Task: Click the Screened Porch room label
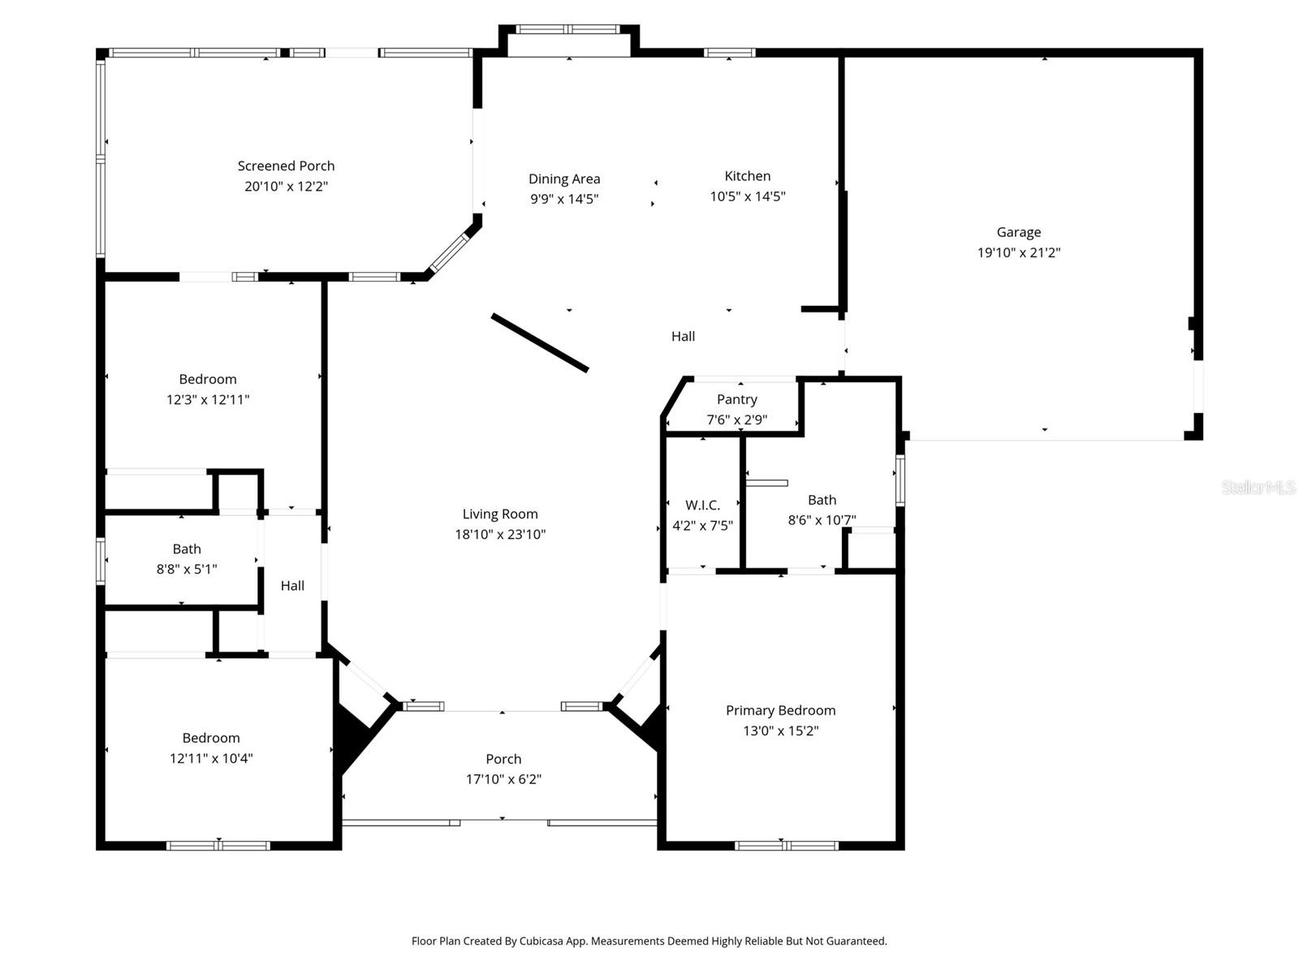point(286,166)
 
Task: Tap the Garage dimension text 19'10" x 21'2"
point(1018,252)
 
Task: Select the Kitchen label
point(747,176)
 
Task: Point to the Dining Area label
point(564,179)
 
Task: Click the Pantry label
point(736,399)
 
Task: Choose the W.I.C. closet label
point(702,505)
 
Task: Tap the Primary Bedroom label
point(780,710)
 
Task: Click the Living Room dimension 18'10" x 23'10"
point(500,534)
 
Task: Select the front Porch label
point(503,759)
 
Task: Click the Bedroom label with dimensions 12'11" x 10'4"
point(210,738)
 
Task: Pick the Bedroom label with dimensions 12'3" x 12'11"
point(208,379)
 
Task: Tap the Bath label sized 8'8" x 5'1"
point(187,549)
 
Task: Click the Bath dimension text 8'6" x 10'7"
point(822,520)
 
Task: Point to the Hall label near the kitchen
point(683,336)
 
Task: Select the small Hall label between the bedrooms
point(292,585)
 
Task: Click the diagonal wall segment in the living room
point(539,343)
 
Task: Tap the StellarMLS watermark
point(1258,487)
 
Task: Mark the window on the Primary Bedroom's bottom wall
point(786,846)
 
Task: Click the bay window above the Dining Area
point(568,29)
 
